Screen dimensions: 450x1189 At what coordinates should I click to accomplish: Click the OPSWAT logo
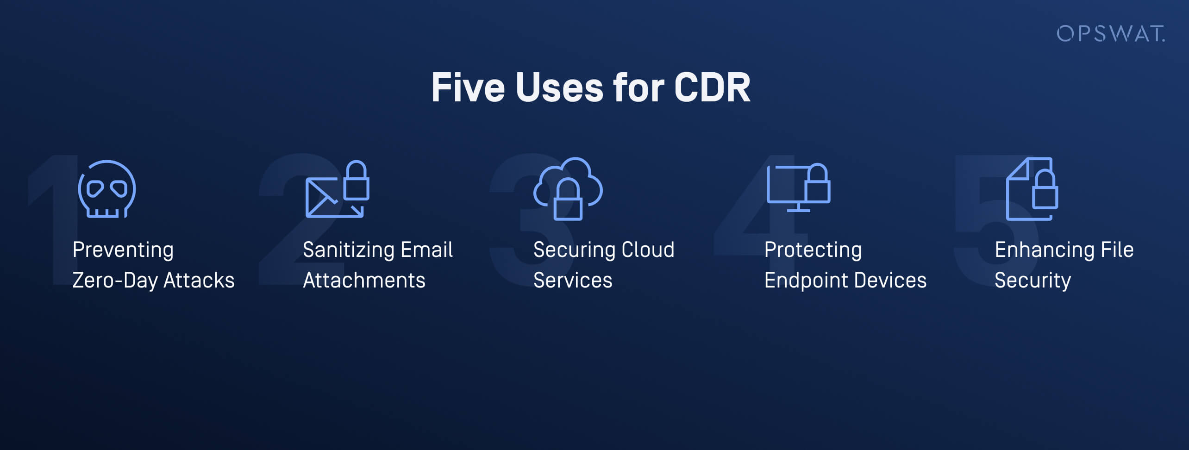click(1110, 34)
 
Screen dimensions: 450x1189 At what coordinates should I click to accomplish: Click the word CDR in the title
click(712, 87)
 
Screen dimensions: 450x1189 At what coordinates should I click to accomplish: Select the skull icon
click(107, 189)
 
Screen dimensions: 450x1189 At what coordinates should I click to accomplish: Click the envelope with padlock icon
click(337, 189)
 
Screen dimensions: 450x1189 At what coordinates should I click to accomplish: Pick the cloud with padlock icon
click(568, 188)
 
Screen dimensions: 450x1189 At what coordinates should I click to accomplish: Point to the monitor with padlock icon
click(798, 187)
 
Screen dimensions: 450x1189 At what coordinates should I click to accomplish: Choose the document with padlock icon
click(1032, 189)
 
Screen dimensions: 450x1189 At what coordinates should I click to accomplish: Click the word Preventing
click(123, 250)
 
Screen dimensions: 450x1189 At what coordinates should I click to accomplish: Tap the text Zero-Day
click(115, 281)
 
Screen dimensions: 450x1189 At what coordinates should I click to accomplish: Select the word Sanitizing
click(348, 250)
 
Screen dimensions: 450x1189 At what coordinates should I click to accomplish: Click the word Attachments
click(364, 281)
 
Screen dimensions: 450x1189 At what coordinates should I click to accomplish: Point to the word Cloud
click(647, 250)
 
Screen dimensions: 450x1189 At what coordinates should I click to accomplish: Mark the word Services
click(573, 281)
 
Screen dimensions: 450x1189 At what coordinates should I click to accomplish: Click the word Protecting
click(813, 250)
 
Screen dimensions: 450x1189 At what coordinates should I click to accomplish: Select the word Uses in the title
click(559, 87)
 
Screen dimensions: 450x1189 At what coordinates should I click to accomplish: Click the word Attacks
click(199, 281)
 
